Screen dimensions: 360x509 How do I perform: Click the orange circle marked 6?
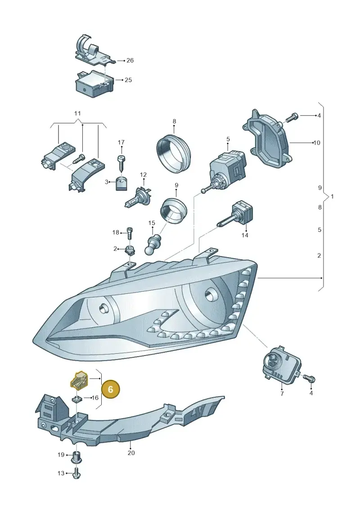tap(110, 389)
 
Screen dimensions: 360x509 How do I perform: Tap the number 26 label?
tap(130, 60)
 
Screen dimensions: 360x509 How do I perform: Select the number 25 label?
tap(128, 80)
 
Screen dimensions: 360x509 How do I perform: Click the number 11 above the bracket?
tap(77, 113)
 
